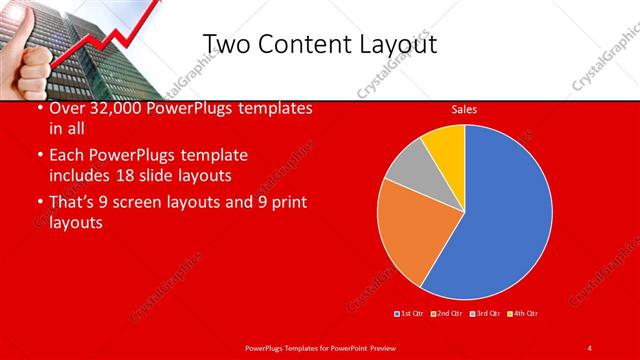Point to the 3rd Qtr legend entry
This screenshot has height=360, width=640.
(487, 314)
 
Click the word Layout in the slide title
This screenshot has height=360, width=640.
(396, 45)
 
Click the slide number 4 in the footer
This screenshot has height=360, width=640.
(589, 347)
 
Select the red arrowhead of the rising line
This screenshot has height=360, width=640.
(155, 7)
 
